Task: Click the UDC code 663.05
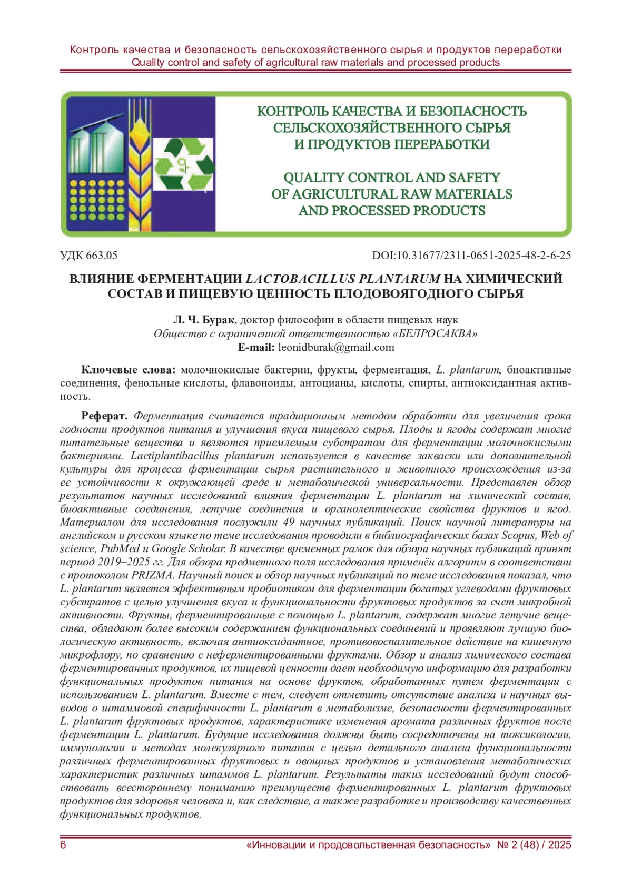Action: click(x=88, y=256)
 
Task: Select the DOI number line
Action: click(x=471, y=256)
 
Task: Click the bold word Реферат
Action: click(x=104, y=416)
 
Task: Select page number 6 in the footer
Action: click(x=64, y=845)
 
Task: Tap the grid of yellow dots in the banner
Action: click(x=94, y=200)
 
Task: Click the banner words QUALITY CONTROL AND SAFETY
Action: click(x=392, y=178)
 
